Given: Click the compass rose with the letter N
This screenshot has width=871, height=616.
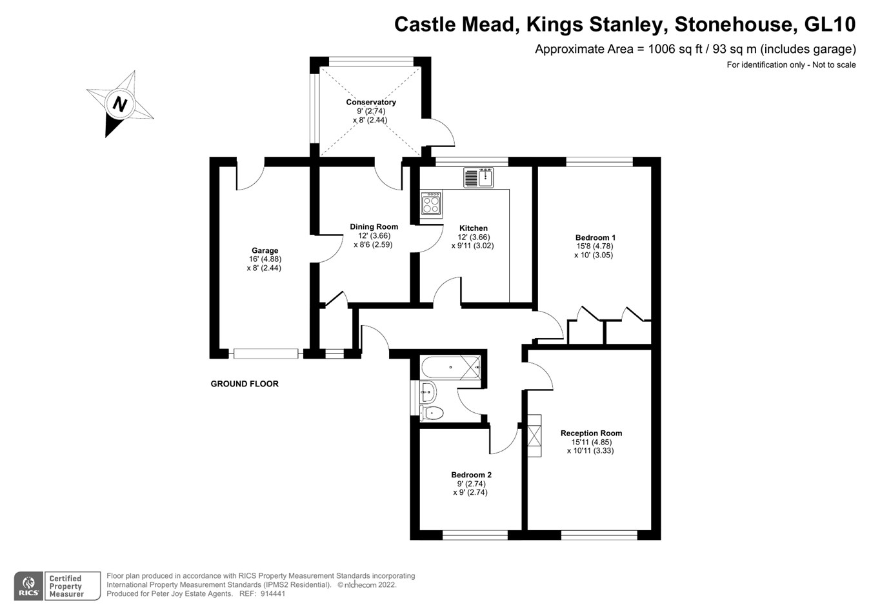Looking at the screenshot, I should tap(120, 103).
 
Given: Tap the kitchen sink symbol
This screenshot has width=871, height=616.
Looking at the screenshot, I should tap(478, 177).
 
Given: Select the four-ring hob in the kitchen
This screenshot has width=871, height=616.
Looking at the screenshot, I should tap(431, 203).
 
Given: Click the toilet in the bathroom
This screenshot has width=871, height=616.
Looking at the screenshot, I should tap(432, 413).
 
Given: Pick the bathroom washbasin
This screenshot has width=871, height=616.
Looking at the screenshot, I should tap(427, 391).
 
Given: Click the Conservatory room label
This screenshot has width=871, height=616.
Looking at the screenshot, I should tap(371, 102).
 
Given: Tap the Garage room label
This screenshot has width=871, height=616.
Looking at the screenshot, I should tap(265, 250).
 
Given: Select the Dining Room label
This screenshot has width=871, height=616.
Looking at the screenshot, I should tap(374, 226).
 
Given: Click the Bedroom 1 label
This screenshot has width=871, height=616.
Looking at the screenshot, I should tap(595, 237).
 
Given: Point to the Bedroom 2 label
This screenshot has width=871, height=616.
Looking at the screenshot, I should tap(471, 475).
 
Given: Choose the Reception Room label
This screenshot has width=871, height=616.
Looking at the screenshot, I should tap(591, 433).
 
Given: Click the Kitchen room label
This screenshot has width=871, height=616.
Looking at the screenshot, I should tap(473, 228).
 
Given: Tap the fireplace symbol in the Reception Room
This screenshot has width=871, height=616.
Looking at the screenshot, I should tap(534, 435).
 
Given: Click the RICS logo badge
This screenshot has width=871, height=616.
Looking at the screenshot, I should tap(28, 586).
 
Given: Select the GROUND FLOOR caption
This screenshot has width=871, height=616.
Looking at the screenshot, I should tap(245, 384).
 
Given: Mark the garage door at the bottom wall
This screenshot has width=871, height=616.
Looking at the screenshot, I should tap(266, 353).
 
